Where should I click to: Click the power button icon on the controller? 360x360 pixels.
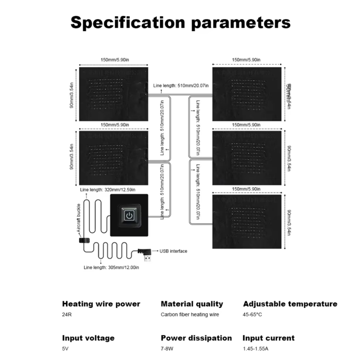130,215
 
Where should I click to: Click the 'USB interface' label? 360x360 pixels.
173,251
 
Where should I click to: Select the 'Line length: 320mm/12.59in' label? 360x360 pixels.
107,189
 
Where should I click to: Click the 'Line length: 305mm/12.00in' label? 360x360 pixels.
112,268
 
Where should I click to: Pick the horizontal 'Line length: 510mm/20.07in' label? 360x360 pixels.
178,85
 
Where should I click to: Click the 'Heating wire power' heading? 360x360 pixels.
101,304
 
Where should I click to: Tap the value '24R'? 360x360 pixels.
67,315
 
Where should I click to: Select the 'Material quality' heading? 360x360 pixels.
192,304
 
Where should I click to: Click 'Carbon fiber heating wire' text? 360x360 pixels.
190,315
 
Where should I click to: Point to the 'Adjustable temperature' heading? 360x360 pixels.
290,304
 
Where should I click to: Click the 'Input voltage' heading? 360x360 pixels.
88,338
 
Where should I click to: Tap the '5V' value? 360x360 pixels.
66,349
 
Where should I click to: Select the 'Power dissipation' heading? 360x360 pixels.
196,338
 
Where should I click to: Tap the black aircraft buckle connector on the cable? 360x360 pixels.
84,241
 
